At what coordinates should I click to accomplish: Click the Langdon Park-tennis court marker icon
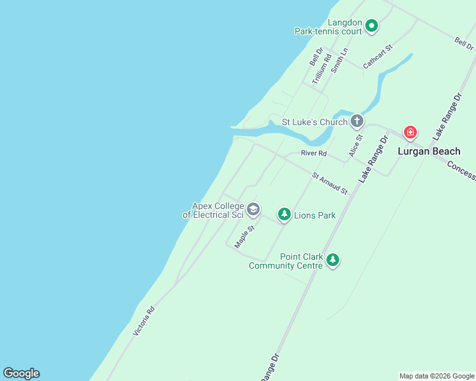coord(372,26)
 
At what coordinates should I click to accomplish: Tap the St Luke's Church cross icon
coord(357,121)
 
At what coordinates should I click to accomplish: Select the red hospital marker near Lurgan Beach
coord(410,133)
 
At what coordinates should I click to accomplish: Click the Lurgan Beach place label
coord(429,151)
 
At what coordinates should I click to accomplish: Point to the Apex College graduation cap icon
coord(253,210)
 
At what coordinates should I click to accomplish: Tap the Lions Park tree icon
coord(284,215)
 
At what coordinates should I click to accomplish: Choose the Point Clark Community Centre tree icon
coord(332,260)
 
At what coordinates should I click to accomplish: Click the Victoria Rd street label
coord(143,321)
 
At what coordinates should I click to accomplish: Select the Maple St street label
coord(244,236)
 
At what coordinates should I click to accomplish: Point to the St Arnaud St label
coord(330,184)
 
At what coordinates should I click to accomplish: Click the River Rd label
coord(314,153)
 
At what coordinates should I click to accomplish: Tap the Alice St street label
coord(355,145)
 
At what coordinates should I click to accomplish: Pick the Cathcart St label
coord(378,57)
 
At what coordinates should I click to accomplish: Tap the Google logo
coord(21,373)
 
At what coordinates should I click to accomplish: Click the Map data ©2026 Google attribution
coord(437,376)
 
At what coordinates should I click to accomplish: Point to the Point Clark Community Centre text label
coord(286,261)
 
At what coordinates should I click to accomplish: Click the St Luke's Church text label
coord(315,122)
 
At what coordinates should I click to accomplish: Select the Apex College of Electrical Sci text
coord(213,210)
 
